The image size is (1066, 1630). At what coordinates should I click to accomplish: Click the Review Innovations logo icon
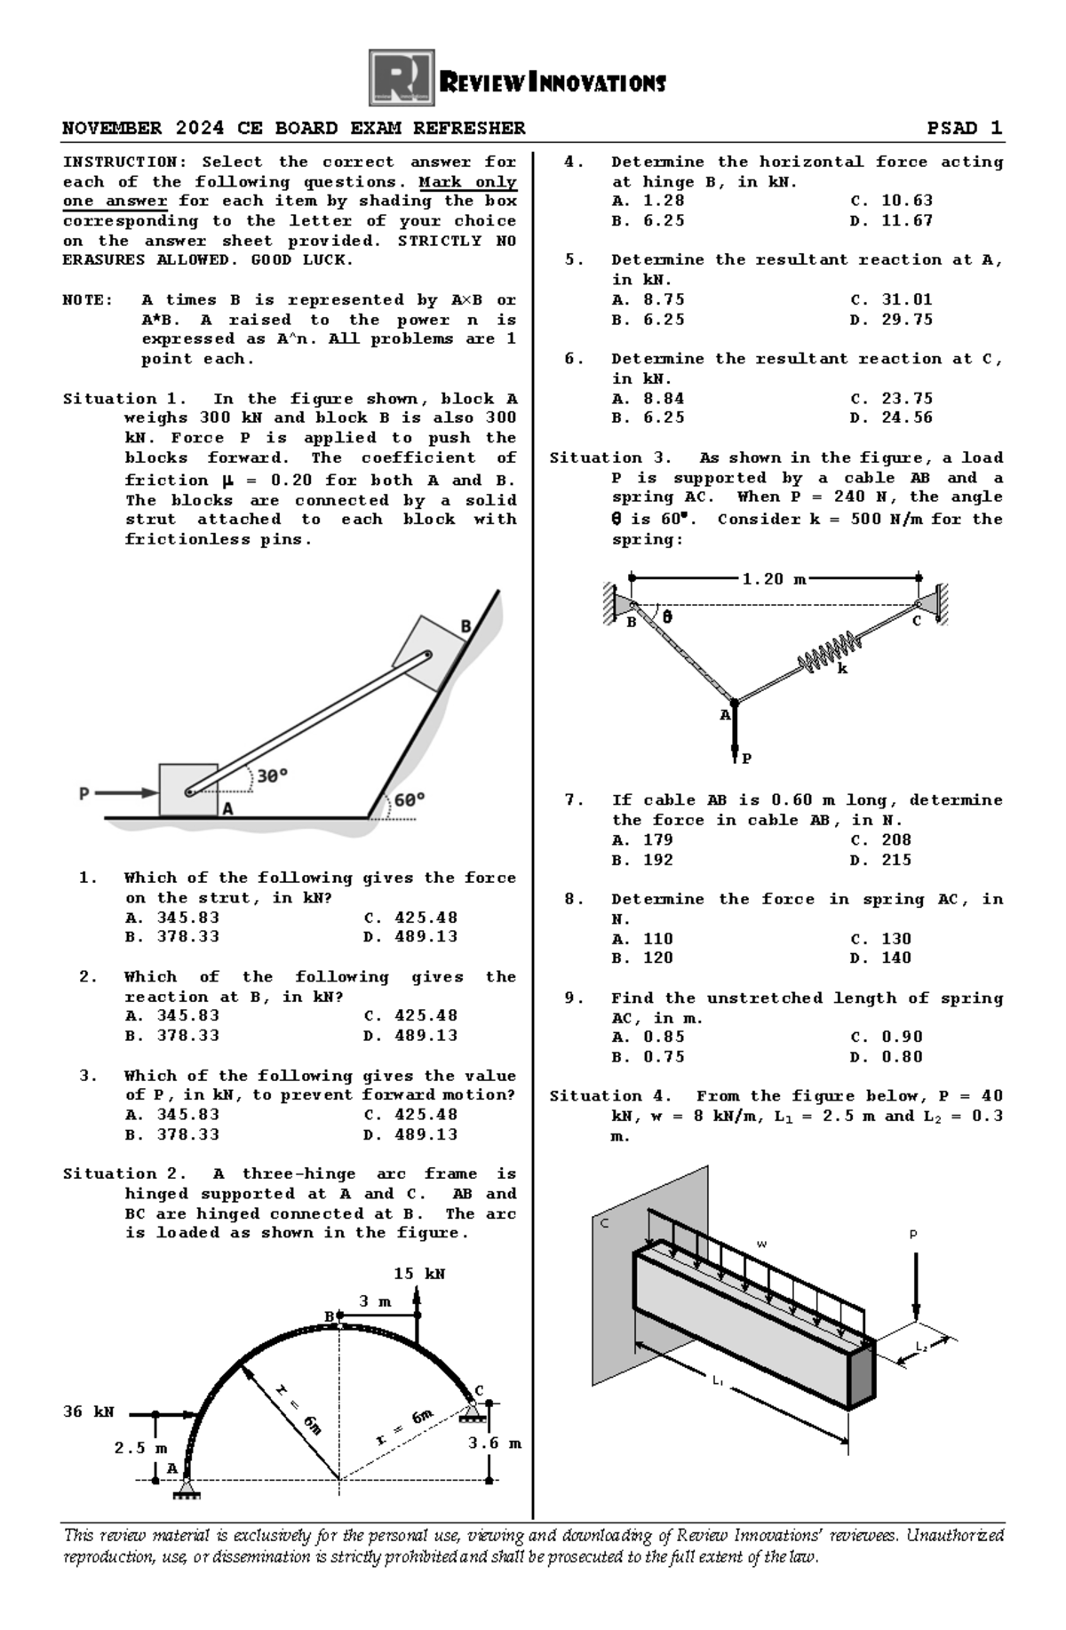coord(402,78)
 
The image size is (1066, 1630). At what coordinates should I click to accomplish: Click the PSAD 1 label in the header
coord(965,128)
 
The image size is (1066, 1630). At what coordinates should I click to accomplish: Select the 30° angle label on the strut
coord(272,775)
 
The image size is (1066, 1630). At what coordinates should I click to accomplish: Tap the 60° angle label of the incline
coord(409,799)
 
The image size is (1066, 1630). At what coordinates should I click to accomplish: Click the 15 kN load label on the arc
coord(419,1274)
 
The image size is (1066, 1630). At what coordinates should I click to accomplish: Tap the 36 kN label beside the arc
coord(89,1411)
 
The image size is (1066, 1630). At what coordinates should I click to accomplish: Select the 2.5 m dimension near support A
coord(140,1448)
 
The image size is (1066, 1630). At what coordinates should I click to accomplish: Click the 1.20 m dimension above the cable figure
coord(774,579)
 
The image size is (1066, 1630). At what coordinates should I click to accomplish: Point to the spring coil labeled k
coord(828,652)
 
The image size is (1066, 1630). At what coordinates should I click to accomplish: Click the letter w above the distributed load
coord(761,1244)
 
